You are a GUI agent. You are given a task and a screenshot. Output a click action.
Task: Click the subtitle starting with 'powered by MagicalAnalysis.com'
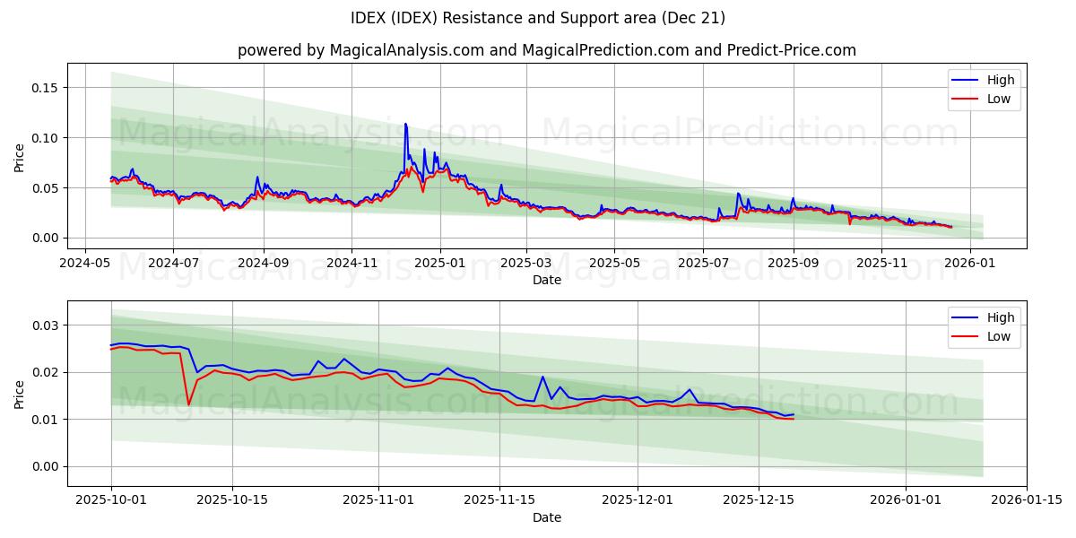click(x=546, y=50)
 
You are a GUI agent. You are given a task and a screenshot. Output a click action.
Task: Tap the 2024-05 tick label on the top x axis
click(x=85, y=264)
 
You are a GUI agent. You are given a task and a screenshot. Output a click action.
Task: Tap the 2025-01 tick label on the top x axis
click(x=440, y=264)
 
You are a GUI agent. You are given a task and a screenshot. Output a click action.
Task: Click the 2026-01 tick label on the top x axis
click(x=971, y=264)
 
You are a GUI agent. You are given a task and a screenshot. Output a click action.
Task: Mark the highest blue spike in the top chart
click(x=405, y=124)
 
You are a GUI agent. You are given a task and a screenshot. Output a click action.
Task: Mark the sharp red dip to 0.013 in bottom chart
click(x=188, y=404)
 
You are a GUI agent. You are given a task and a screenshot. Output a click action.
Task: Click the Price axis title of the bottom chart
click(x=20, y=393)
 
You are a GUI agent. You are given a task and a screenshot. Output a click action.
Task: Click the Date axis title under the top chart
click(x=546, y=280)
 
